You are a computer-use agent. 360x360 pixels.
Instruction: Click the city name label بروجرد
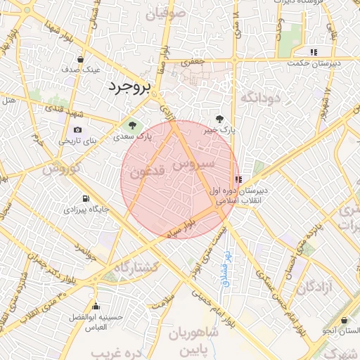130,87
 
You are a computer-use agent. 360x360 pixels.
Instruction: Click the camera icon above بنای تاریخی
77,130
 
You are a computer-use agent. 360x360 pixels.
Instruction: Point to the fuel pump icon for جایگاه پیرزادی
86,198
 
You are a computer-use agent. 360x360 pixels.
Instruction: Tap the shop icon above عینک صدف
82,59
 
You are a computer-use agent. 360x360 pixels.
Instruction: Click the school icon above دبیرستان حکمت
314,52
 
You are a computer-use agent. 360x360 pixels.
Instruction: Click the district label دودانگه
261,98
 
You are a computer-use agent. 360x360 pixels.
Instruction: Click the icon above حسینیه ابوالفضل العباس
96,307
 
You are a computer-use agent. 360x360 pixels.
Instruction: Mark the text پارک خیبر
220,130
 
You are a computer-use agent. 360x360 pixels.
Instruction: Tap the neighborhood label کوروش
63,169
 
